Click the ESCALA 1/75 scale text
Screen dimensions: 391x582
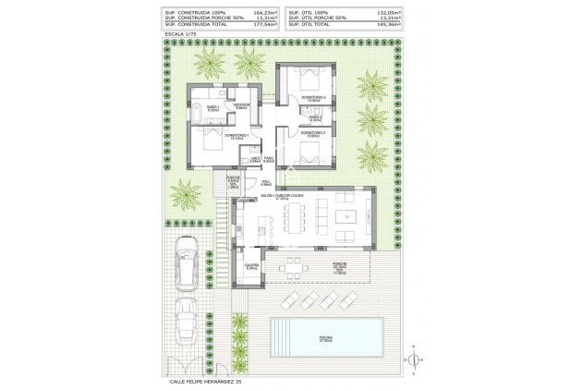(x=179, y=33)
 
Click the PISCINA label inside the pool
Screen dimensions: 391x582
(x=328, y=340)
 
